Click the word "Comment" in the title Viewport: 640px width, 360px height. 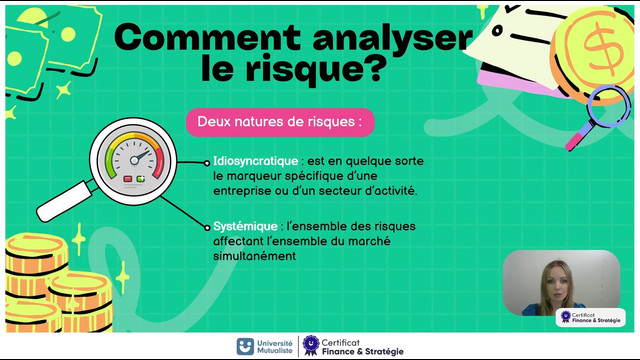(208, 38)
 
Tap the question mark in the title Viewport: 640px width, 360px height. (374, 68)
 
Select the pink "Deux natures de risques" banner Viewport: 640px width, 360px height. (280, 122)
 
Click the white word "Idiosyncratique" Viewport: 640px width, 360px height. (256, 161)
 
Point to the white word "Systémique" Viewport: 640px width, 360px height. (245, 226)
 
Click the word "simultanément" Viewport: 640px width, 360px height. (254, 256)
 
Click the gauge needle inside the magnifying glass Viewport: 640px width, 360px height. (139, 157)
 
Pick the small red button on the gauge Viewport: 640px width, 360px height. (128, 179)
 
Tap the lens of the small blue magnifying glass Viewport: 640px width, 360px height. (609, 106)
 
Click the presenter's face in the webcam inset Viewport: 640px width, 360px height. (555, 282)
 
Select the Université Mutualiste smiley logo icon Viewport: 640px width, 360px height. (245, 346)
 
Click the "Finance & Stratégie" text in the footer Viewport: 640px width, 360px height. (362, 352)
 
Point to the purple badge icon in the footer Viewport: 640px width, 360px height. (311, 345)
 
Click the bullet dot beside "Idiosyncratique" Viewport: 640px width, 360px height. (207, 163)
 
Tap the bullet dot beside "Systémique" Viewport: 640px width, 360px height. (207, 227)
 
